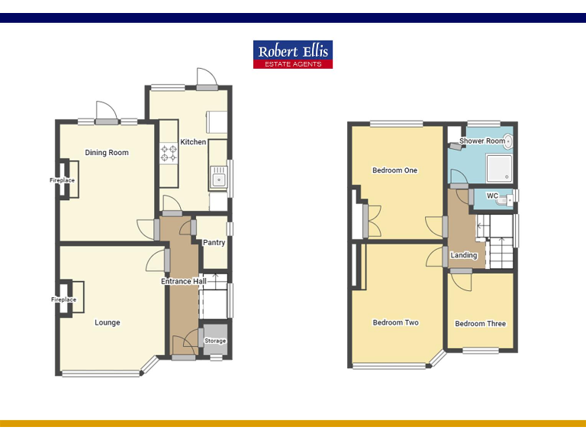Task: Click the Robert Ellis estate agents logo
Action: [293, 54]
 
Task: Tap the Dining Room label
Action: [107, 153]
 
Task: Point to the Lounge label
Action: [108, 322]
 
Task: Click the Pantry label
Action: [214, 243]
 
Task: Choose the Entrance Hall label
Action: [184, 282]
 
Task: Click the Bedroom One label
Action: [394, 170]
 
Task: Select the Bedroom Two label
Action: [395, 322]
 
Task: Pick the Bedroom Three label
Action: [480, 324]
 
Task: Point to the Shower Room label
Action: [482, 141]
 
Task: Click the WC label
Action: [492, 196]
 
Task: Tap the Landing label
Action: [464, 255]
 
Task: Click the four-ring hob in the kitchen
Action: [168, 154]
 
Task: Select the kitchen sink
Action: [218, 179]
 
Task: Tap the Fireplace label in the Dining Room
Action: [63, 180]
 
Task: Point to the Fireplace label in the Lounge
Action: [63, 299]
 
